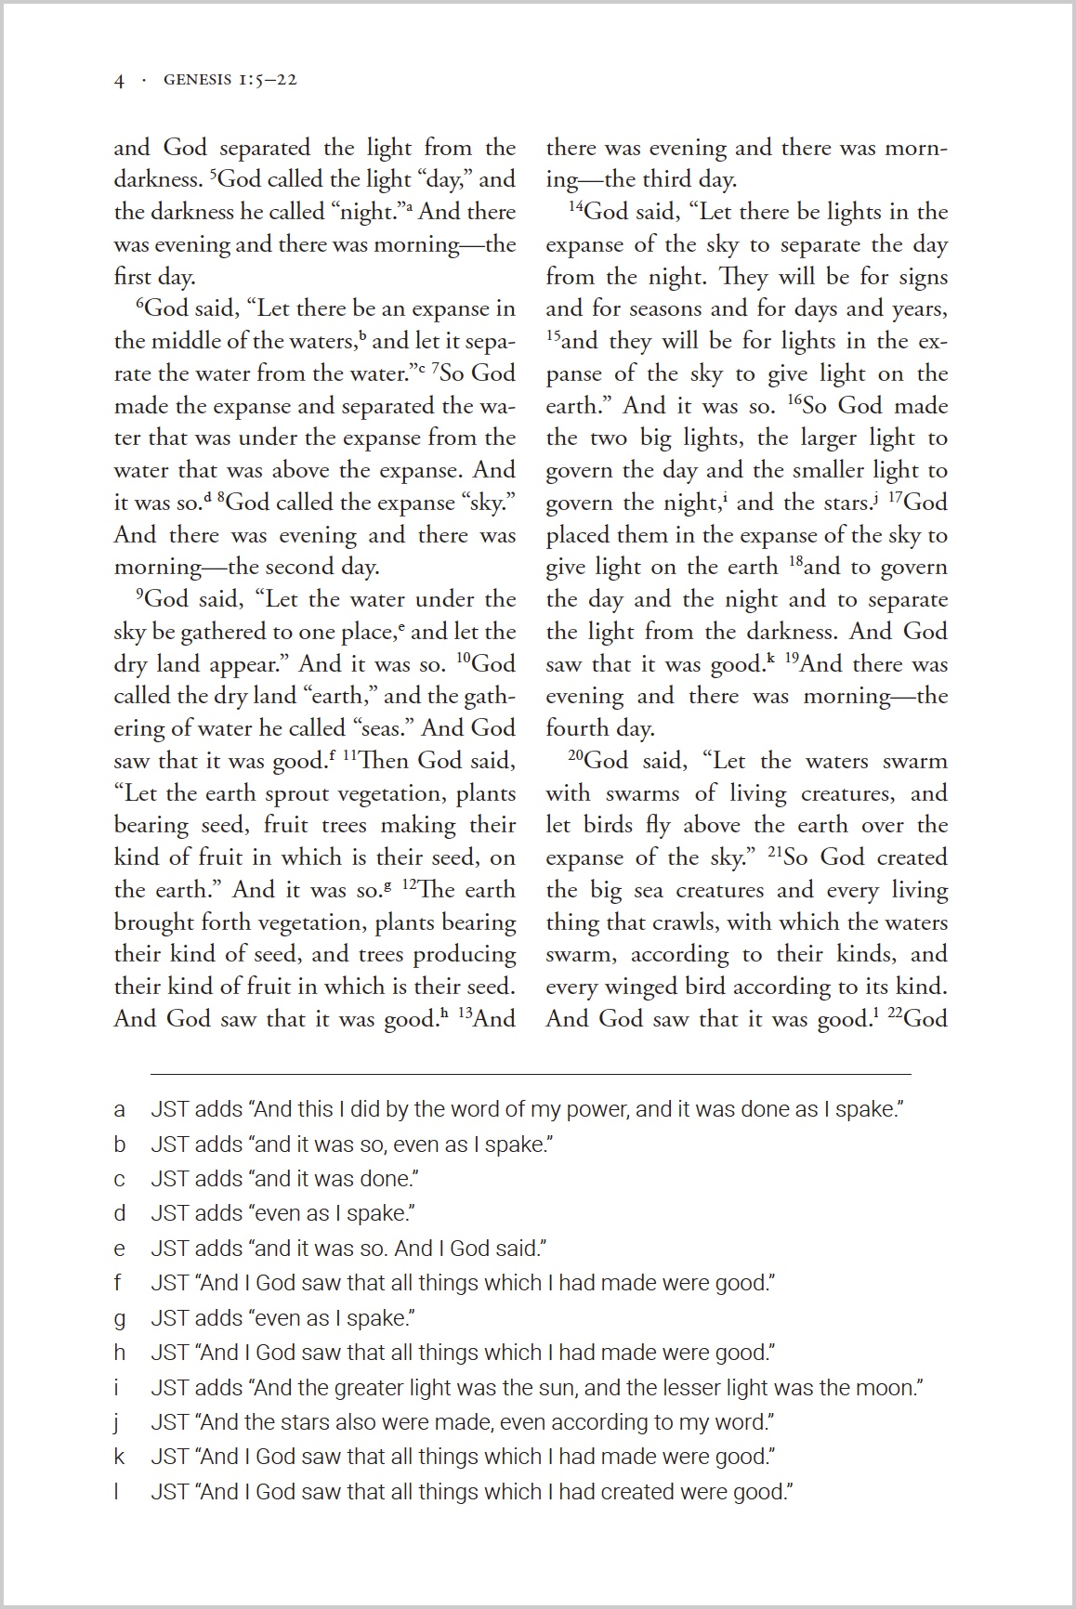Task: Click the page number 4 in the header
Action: click(x=119, y=81)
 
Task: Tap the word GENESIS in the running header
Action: click(x=197, y=80)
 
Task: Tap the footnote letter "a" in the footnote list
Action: click(x=119, y=1110)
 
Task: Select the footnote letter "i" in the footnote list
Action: click(x=116, y=1388)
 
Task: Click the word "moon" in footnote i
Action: click(x=888, y=1388)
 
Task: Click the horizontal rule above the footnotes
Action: click(x=531, y=1074)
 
